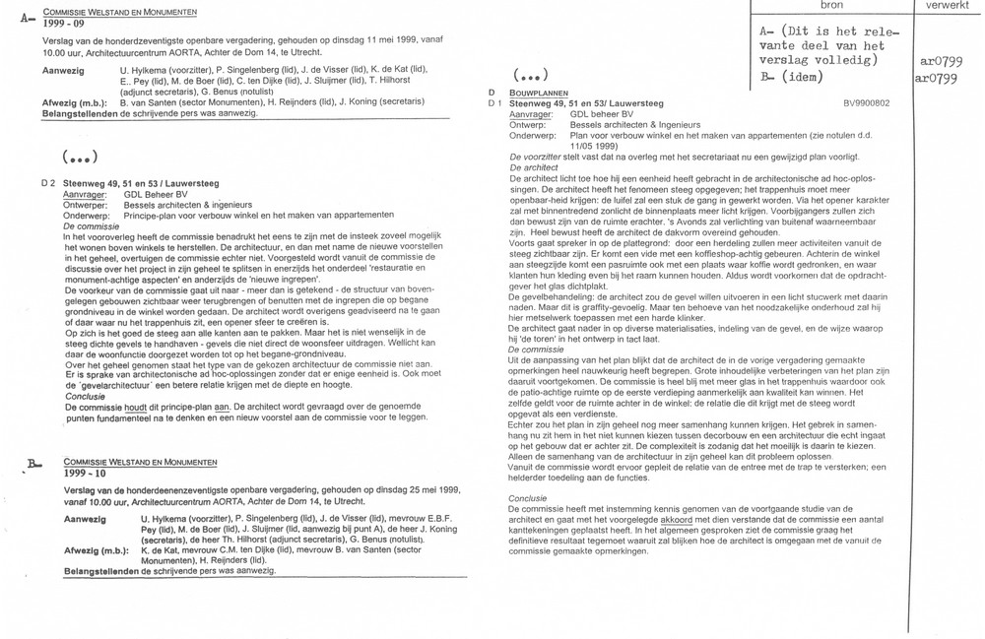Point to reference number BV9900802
pyautogui.click(x=867, y=102)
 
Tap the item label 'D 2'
pyautogui.click(x=47, y=184)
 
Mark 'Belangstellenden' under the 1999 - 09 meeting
pyautogui.click(x=79, y=114)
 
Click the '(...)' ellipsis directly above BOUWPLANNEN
pyautogui.click(x=531, y=77)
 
